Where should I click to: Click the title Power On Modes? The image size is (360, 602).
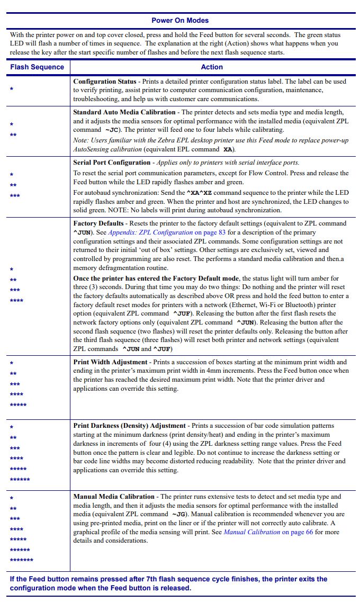click(180, 21)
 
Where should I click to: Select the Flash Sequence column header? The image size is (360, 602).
click(37, 67)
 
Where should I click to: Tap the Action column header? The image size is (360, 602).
click(212, 67)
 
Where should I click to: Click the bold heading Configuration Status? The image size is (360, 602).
click(105, 82)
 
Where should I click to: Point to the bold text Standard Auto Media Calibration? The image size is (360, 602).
click(124, 112)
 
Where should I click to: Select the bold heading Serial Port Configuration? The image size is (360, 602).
click(112, 163)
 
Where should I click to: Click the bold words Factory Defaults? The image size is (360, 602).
click(98, 223)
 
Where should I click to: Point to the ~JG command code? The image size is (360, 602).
click(178, 515)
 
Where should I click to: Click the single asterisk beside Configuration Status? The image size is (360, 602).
click(12, 89)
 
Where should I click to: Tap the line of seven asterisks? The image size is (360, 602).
click(21, 560)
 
